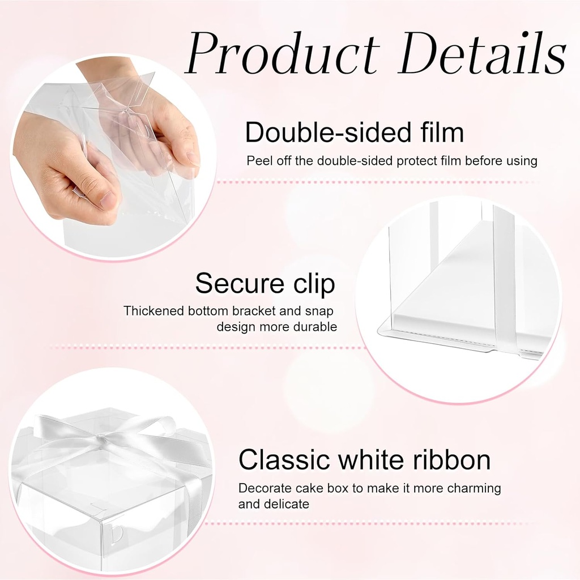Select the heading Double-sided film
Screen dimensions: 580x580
coord(354,133)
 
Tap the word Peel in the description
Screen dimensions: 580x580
coord(259,161)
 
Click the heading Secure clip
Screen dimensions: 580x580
coord(265,283)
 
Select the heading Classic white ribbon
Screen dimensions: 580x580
coord(364,460)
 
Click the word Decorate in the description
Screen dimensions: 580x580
coord(262,488)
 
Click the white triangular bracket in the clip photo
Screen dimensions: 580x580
coord(447,283)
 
